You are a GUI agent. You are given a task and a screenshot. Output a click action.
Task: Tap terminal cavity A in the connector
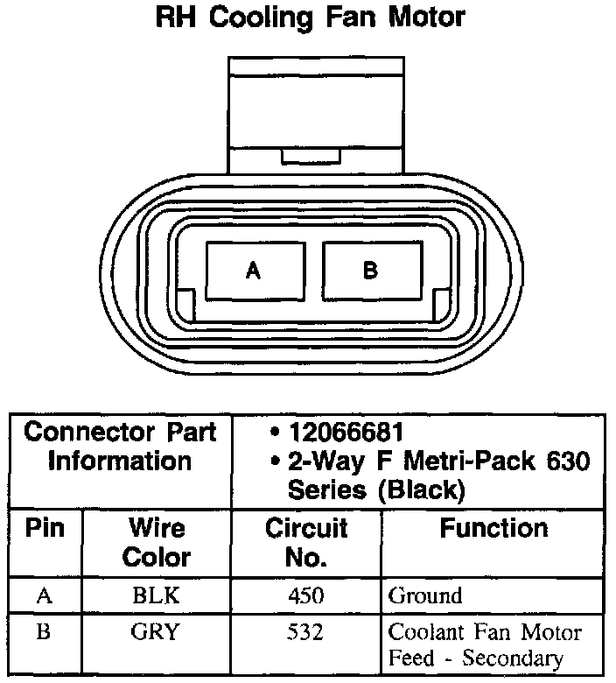(x=254, y=271)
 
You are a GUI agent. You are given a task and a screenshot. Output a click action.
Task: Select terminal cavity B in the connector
(x=370, y=271)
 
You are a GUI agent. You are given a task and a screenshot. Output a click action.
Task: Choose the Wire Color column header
(x=157, y=542)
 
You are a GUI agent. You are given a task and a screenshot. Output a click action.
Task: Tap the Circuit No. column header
(x=306, y=542)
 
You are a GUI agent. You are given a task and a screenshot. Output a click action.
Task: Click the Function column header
(x=493, y=529)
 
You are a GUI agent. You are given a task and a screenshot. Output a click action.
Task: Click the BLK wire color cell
(x=157, y=596)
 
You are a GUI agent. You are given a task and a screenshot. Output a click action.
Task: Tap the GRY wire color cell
(x=157, y=630)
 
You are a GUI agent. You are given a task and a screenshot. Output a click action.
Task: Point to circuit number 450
(x=306, y=596)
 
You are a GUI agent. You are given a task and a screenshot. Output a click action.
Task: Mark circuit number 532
(x=306, y=630)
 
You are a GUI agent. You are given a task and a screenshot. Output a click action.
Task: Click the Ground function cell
(x=425, y=596)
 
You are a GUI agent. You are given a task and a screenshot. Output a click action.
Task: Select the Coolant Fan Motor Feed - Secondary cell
(x=485, y=644)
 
